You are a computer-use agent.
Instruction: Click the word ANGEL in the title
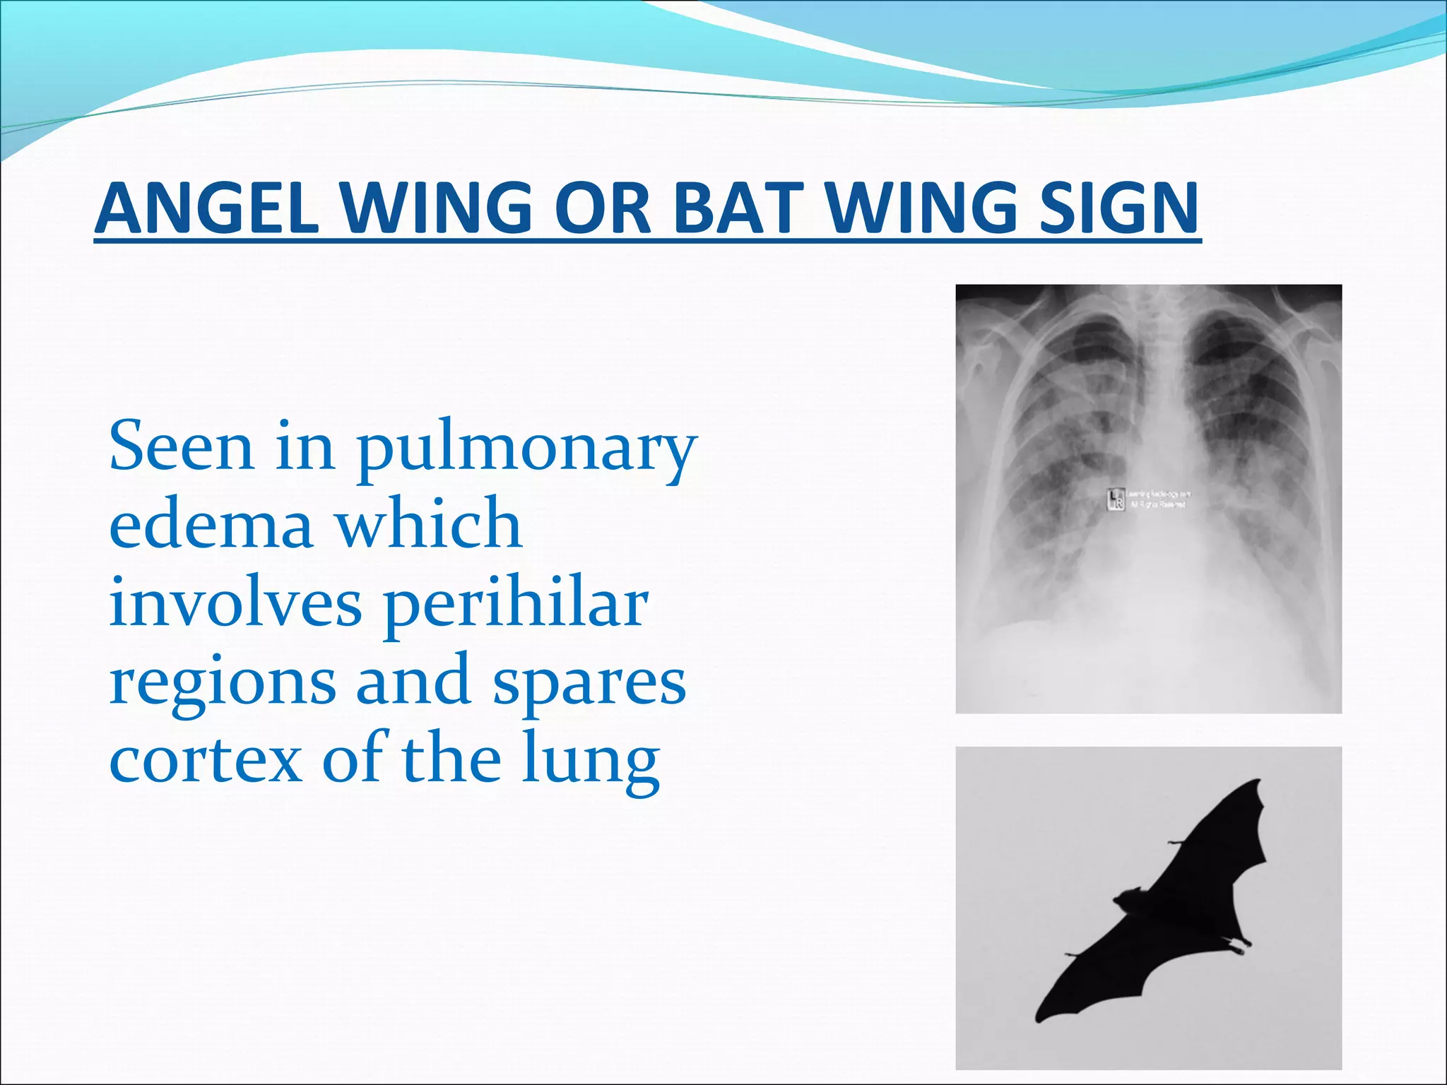tap(206, 208)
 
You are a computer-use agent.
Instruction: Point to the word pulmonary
tap(526, 449)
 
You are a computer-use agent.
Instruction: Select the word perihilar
tap(515, 605)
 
